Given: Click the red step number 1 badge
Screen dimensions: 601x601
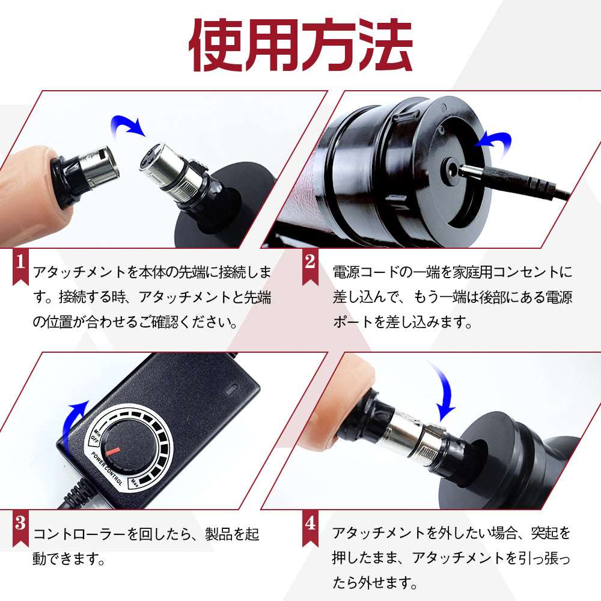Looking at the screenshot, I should point(20,265).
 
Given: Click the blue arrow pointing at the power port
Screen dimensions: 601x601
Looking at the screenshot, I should point(493,142).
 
